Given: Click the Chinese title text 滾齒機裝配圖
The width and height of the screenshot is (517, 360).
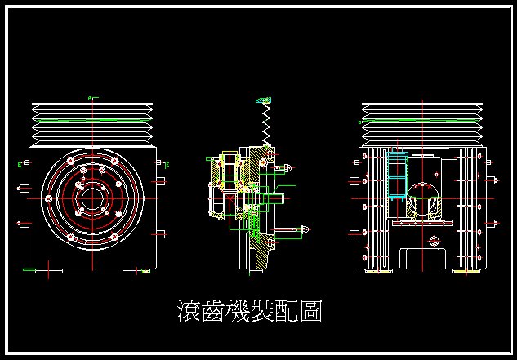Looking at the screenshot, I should click(x=249, y=311).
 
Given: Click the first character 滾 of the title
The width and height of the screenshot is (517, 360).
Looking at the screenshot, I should click(x=189, y=311).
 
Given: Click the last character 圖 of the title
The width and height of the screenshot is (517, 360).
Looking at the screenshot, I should click(x=310, y=311).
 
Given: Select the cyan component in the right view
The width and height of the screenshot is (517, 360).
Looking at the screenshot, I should click(x=397, y=176).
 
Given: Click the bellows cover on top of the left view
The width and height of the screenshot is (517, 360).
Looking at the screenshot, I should click(x=91, y=124).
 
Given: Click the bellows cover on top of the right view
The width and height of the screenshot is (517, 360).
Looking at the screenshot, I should click(x=421, y=124).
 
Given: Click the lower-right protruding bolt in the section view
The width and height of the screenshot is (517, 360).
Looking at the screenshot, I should click(x=301, y=230).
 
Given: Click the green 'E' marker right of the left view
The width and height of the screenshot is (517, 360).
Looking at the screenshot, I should click(x=167, y=166).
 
